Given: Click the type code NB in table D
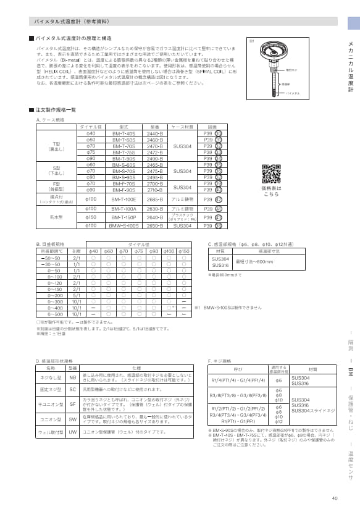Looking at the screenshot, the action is pos(72,377).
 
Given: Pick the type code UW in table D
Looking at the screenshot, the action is pos(72,432).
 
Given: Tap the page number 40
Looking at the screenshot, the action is pos(335,498).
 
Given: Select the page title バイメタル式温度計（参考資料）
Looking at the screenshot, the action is pos(69,21).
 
